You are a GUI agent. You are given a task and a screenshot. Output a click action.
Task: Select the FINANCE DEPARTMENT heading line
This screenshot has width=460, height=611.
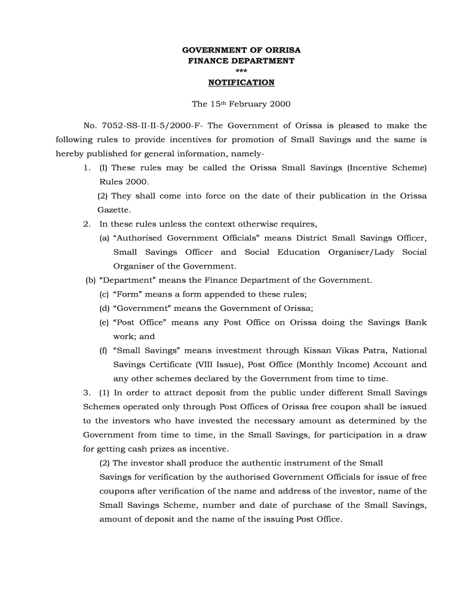click(x=241, y=61)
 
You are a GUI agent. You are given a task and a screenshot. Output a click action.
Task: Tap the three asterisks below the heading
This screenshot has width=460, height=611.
click(x=241, y=72)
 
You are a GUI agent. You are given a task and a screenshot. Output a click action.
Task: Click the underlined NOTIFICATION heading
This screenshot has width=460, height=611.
click(x=241, y=82)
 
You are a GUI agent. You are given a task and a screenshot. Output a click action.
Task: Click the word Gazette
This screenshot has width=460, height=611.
click(x=114, y=210)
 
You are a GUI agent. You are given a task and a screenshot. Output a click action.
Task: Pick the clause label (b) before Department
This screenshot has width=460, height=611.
click(x=91, y=280)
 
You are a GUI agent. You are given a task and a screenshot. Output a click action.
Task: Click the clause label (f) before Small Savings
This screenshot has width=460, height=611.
click(x=103, y=350)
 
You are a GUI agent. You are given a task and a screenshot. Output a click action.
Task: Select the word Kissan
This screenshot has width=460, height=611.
click(x=315, y=350)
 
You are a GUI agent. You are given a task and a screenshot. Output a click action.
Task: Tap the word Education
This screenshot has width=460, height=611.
click(x=298, y=252)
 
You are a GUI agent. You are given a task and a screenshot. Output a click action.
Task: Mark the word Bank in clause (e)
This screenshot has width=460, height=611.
click(x=416, y=322)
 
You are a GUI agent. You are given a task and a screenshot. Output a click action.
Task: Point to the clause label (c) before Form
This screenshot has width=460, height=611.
click(x=104, y=294)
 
